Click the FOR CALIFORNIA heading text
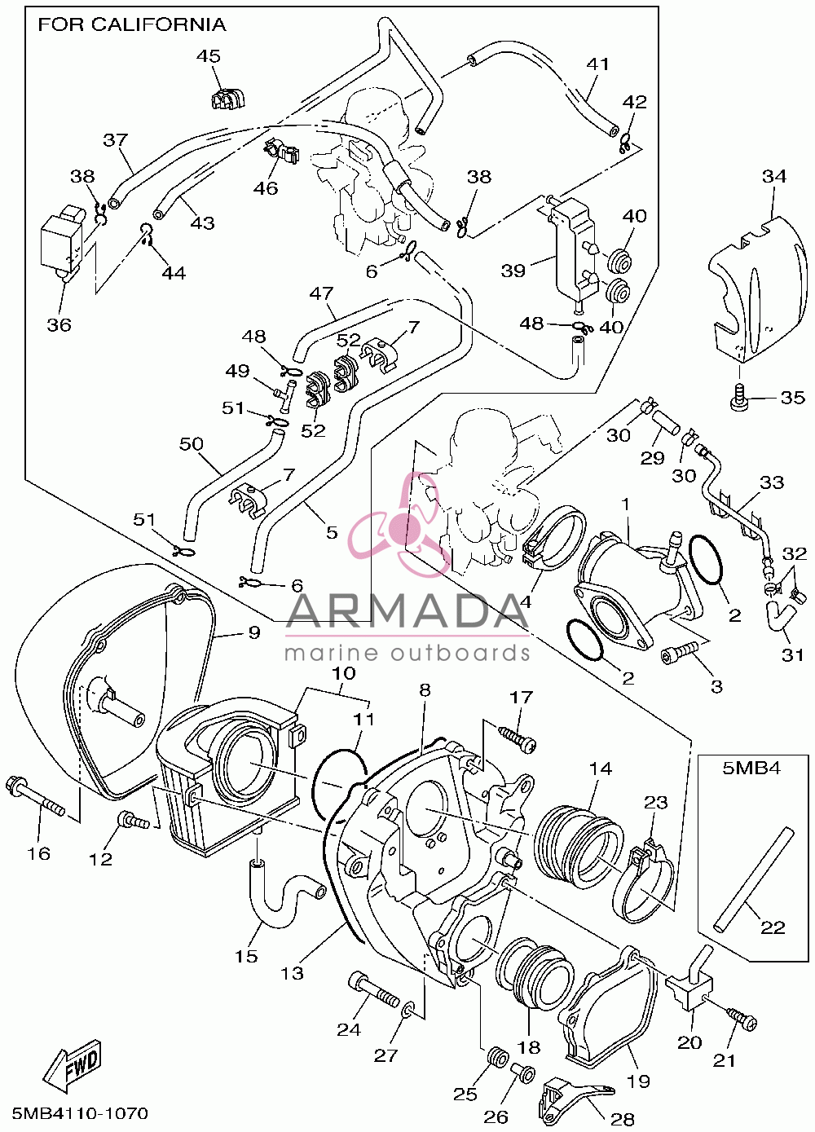click(132, 24)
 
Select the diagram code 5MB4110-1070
click(81, 1113)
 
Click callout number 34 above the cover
click(774, 176)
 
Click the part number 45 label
click(208, 55)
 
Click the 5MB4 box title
click(751, 769)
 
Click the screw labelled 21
click(742, 1021)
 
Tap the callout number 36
click(59, 325)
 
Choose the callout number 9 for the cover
click(253, 632)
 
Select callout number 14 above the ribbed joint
click(601, 769)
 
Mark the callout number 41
click(597, 64)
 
